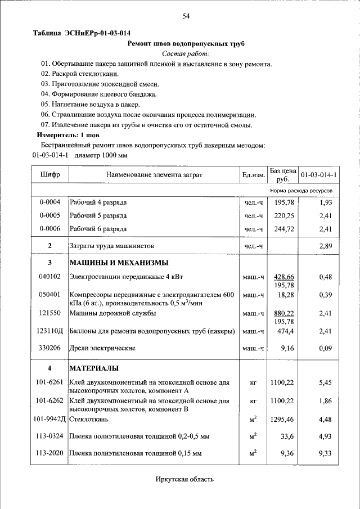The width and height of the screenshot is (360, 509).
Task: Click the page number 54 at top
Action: [x=186, y=16]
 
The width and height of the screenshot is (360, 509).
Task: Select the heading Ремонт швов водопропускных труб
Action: [x=186, y=43]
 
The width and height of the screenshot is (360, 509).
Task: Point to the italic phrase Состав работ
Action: [x=186, y=54]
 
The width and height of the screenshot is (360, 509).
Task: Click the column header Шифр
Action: [x=50, y=175]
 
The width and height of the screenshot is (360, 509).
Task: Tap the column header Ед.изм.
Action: [x=253, y=175]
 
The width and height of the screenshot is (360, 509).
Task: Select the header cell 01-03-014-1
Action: [x=318, y=175]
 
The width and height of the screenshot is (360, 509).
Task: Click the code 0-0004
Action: [x=50, y=202]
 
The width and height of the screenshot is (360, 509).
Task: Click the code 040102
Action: [x=50, y=277]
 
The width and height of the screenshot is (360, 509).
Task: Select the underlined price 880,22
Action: [x=284, y=313]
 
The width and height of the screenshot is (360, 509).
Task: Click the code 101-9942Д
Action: [x=50, y=419]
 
